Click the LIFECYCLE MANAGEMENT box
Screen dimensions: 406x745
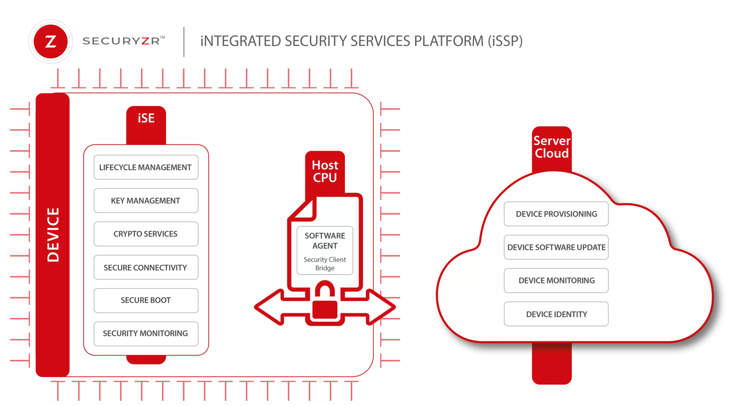(146, 167)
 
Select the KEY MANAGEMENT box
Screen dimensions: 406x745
(146, 200)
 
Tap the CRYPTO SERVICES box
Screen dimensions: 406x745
(146, 234)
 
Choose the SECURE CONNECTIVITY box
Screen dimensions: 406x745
(146, 267)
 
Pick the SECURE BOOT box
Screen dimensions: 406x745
(146, 300)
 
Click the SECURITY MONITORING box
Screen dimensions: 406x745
(146, 334)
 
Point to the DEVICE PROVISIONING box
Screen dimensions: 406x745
(556, 214)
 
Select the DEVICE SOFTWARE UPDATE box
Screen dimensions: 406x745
(556, 247)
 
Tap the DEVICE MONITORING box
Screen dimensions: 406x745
(556, 280)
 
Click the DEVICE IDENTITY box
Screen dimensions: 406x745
(556, 314)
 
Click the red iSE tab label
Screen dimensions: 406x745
(146, 119)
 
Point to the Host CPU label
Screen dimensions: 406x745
(325, 171)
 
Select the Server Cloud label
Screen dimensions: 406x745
(551, 147)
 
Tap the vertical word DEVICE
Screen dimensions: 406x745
(53, 235)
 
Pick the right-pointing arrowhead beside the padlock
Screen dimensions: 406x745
(382, 307)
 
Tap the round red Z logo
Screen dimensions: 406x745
(50, 41)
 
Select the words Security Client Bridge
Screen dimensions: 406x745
(325, 264)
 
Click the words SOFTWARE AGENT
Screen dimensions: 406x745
(325, 240)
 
